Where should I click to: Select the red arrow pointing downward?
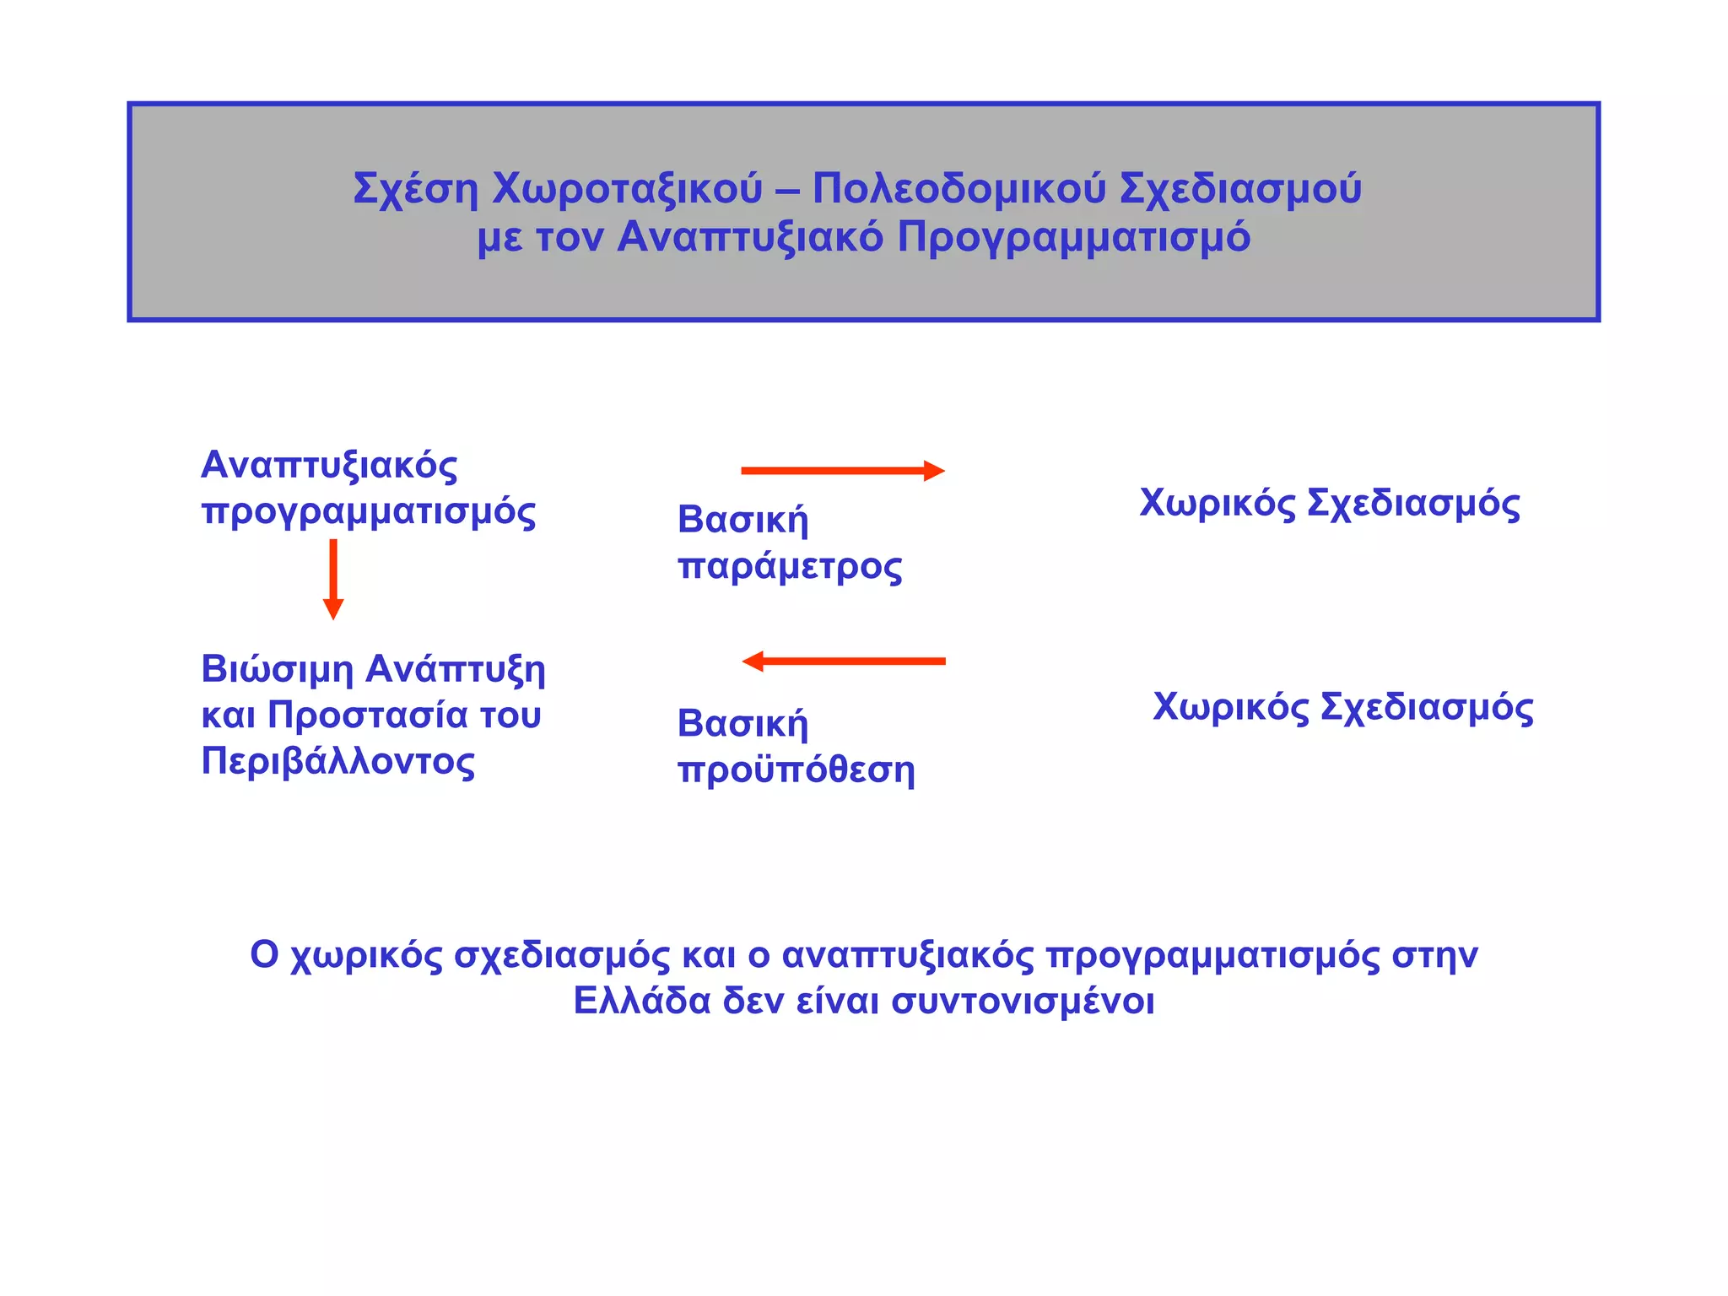click(x=333, y=578)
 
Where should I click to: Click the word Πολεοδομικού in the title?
click(x=958, y=188)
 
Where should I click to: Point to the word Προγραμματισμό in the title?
click(x=1073, y=238)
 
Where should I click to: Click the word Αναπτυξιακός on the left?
click(x=329, y=465)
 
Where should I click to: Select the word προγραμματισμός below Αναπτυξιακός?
click(x=368, y=512)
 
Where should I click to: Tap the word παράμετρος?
click(x=790, y=566)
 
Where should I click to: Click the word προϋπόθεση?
click(x=796, y=770)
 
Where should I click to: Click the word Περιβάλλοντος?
click(x=337, y=761)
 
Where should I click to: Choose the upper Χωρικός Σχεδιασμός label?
click(x=1329, y=504)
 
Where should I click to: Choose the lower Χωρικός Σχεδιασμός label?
click(x=1342, y=707)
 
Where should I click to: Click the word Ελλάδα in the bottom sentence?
click(x=642, y=1002)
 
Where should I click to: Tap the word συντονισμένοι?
click(x=1023, y=1002)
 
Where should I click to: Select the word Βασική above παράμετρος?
click(x=742, y=520)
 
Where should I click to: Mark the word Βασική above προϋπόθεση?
click(x=742, y=724)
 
